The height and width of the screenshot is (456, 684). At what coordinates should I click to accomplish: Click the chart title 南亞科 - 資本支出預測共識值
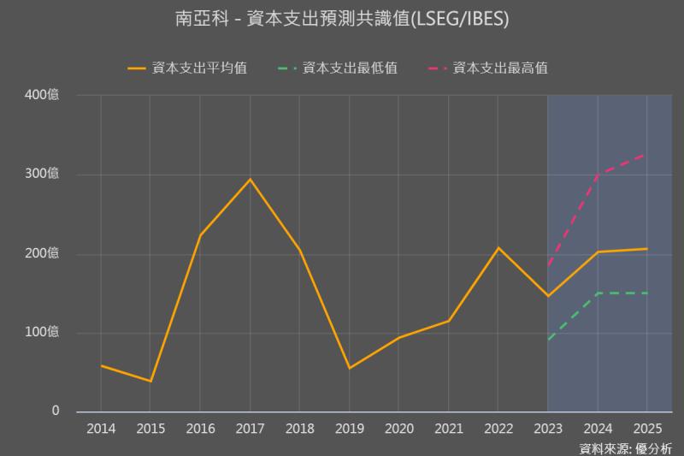342,18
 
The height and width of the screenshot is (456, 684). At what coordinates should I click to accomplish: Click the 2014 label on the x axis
101,428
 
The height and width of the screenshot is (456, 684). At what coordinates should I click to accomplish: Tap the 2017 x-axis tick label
250,428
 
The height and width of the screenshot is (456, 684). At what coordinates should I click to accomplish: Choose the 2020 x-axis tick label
398,428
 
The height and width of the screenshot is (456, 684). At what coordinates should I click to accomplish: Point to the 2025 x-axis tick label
646,428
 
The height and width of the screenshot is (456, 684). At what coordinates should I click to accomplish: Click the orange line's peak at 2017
250,179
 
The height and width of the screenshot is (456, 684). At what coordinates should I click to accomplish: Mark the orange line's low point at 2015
150,381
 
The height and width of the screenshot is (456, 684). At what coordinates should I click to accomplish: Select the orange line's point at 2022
498,248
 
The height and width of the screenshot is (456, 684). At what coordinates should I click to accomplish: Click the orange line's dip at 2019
349,368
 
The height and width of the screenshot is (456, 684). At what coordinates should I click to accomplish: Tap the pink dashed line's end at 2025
646,154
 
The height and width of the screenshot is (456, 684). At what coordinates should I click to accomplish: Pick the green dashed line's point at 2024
597,293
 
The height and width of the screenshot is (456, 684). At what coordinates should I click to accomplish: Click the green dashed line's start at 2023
547,341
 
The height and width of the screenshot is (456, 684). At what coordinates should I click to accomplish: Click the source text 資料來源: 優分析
625,447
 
